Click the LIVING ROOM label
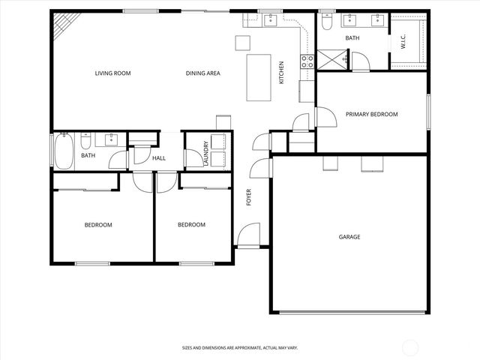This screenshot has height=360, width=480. coord(112,73)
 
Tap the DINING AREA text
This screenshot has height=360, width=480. coord(202,73)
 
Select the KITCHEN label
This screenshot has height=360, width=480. coord(282,72)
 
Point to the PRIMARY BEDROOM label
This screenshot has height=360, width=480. coord(371,115)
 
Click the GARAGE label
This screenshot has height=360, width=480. coord(349,237)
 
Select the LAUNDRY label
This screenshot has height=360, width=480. coord(206,152)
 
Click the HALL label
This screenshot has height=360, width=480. coord(159,158)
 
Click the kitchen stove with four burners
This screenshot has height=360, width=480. coord(307,61)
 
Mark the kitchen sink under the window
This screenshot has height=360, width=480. coord(269,20)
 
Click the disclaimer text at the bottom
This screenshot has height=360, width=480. coord(240,348)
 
